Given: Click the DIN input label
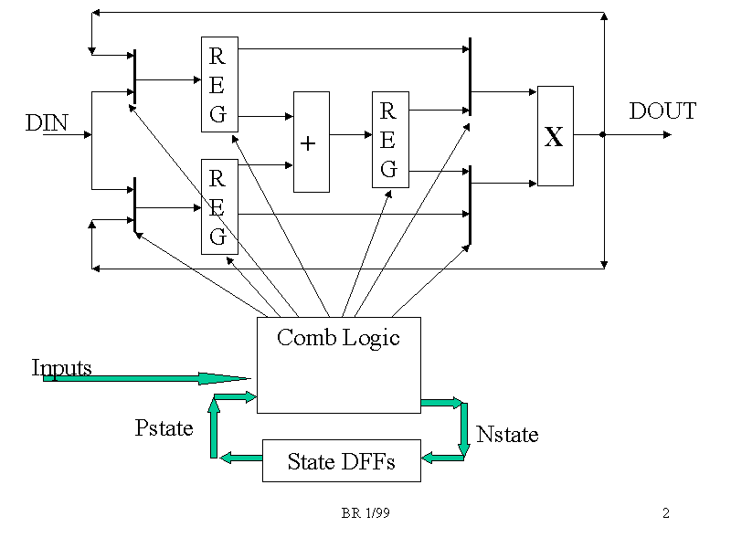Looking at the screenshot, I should (x=47, y=122).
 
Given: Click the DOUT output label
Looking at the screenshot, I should (x=662, y=111).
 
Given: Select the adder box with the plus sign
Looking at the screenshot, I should (x=311, y=142).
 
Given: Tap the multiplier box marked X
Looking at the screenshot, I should (x=555, y=136).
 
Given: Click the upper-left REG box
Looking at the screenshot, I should (x=219, y=85).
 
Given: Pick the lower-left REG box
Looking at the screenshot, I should (x=219, y=206).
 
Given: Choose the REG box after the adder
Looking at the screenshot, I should (x=389, y=140).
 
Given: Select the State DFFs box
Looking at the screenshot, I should (x=341, y=460).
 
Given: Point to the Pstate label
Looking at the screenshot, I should (x=164, y=427).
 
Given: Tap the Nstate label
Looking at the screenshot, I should (x=507, y=434).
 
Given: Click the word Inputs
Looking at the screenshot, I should (x=61, y=367).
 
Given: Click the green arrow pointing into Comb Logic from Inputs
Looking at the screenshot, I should (x=146, y=378).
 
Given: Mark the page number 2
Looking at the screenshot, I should (x=666, y=513).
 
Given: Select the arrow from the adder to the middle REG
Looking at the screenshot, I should (x=350, y=135).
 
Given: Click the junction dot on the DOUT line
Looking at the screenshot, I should (x=603, y=135).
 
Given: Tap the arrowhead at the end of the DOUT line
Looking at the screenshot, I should (x=667, y=135).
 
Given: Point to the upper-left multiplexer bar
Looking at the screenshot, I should (x=134, y=77).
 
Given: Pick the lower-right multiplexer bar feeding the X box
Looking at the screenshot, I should (x=470, y=205).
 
